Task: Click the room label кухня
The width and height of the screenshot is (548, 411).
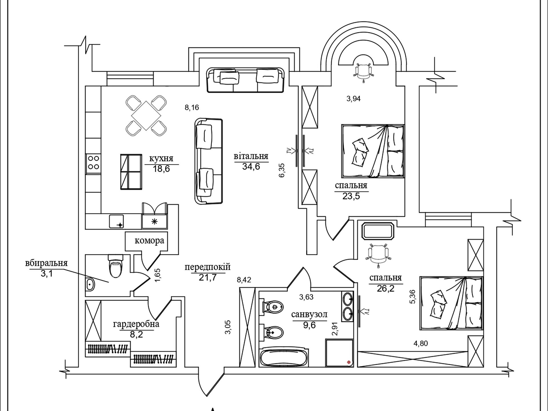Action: pyautogui.click(x=161, y=159)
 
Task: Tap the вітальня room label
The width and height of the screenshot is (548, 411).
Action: pyautogui.click(x=251, y=156)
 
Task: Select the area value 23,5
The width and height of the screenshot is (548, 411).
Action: pyautogui.click(x=351, y=196)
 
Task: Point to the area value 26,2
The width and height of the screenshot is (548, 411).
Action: pyautogui.click(x=385, y=289)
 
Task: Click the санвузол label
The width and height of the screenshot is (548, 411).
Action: pyautogui.click(x=309, y=315)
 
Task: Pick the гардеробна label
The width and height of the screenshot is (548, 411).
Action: pyautogui.click(x=136, y=324)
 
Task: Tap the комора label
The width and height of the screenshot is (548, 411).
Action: pyautogui.click(x=149, y=241)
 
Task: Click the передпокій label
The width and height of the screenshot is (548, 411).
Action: pyautogui.click(x=207, y=267)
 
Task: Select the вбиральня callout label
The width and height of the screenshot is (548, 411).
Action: pyautogui.click(x=46, y=263)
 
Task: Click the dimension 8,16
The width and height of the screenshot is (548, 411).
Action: pyautogui.click(x=192, y=108)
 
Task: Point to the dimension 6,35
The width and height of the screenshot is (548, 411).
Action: pyautogui.click(x=282, y=170)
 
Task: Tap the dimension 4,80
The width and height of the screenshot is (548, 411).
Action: pyautogui.click(x=420, y=343)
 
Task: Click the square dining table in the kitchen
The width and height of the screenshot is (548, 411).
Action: pyautogui.click(x=146, y=116)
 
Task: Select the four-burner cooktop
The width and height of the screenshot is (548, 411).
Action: pyautogui.click(x=93, y=162)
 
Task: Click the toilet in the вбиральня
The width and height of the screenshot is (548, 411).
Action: pyautogui.click(x=115, y=266)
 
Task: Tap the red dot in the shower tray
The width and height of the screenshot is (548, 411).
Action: pyautogui.click(x=349, y=362)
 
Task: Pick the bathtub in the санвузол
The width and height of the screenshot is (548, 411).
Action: pyautogui.click(x=283, y=358)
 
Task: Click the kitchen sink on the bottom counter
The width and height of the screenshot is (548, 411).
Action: pyautogui.click(x=116, y=221)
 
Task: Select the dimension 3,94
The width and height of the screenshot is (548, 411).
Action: pyautogui.click(x=353, y=99)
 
